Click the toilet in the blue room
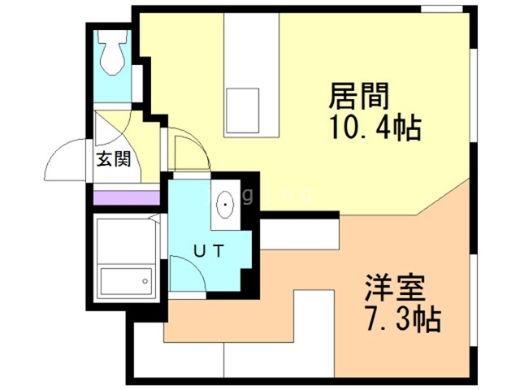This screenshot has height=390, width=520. [x=113, y=52]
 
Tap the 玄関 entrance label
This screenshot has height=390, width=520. [x=115, y=159]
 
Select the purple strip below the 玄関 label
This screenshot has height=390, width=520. [x=127, y=197]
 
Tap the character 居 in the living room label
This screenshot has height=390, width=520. [x=342, y=97]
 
